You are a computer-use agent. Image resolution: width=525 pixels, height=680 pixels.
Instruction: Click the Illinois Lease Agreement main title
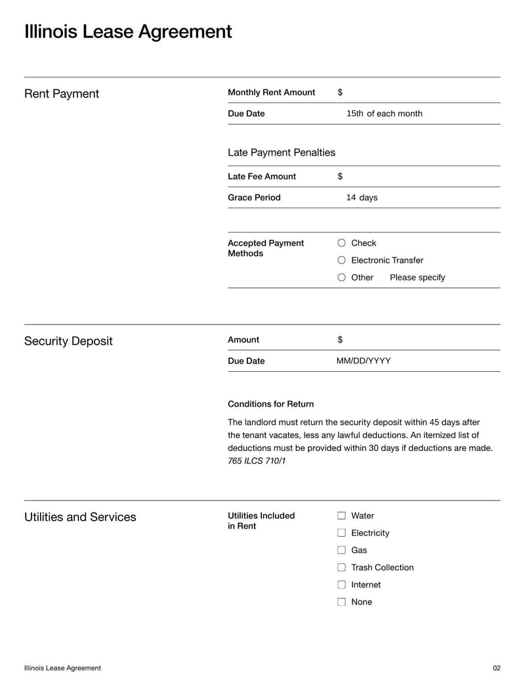click(x=128, y=32)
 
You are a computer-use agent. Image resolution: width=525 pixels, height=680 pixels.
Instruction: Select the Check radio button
click(x=341, y=243)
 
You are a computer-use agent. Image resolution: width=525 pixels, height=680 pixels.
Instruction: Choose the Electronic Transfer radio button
click(x=341, y=260)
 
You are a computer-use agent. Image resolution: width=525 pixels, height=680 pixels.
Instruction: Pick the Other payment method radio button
click(x=341, y=277)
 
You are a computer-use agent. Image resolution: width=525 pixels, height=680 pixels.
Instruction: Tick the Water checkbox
click(x=341, y=516)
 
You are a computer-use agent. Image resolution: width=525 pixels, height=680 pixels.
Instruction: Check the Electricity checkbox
click(x=341, y=533)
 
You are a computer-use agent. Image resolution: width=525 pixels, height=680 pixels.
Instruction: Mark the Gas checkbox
click(x=341, y=550)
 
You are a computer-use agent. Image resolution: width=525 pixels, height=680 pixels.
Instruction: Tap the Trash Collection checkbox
click(x=341, y=567)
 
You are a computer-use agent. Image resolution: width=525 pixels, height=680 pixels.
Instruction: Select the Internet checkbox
click(x=341, y=585)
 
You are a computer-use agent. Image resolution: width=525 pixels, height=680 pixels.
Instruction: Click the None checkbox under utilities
click(x=341, y=602)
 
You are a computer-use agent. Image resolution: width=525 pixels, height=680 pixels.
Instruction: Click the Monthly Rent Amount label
click(x=271, y=93)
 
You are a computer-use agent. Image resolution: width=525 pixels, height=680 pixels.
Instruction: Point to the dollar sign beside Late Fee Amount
click(x=340, y=176)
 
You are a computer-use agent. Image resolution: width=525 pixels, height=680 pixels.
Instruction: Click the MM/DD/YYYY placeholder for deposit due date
click(x=364, y=361)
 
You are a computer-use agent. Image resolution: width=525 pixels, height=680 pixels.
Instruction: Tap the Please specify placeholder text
click(x=417, y=277)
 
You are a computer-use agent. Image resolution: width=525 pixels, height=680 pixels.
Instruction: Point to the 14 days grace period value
click(x=362, y=197)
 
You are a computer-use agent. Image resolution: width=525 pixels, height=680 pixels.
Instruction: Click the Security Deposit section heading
click(x=68, y=341)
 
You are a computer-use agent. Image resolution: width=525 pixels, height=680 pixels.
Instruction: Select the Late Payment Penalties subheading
click(x=281, y=152)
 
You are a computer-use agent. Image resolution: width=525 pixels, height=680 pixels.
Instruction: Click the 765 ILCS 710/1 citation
click(x=257, y=461)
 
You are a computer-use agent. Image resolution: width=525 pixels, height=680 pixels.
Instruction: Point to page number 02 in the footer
click(x=496, y=668)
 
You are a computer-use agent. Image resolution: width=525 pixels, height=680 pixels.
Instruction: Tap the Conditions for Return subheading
click(x=270, y=404)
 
